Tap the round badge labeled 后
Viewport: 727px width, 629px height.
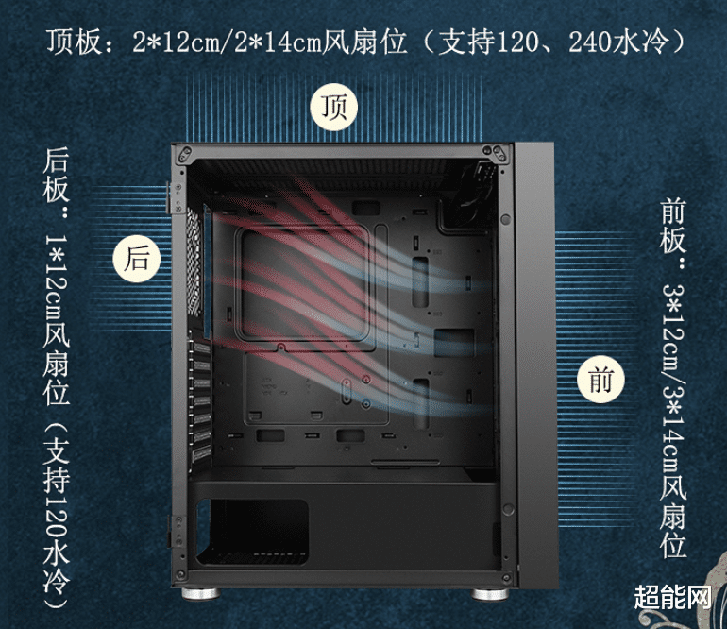[137, 257]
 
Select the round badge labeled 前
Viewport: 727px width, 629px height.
[600, 380]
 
